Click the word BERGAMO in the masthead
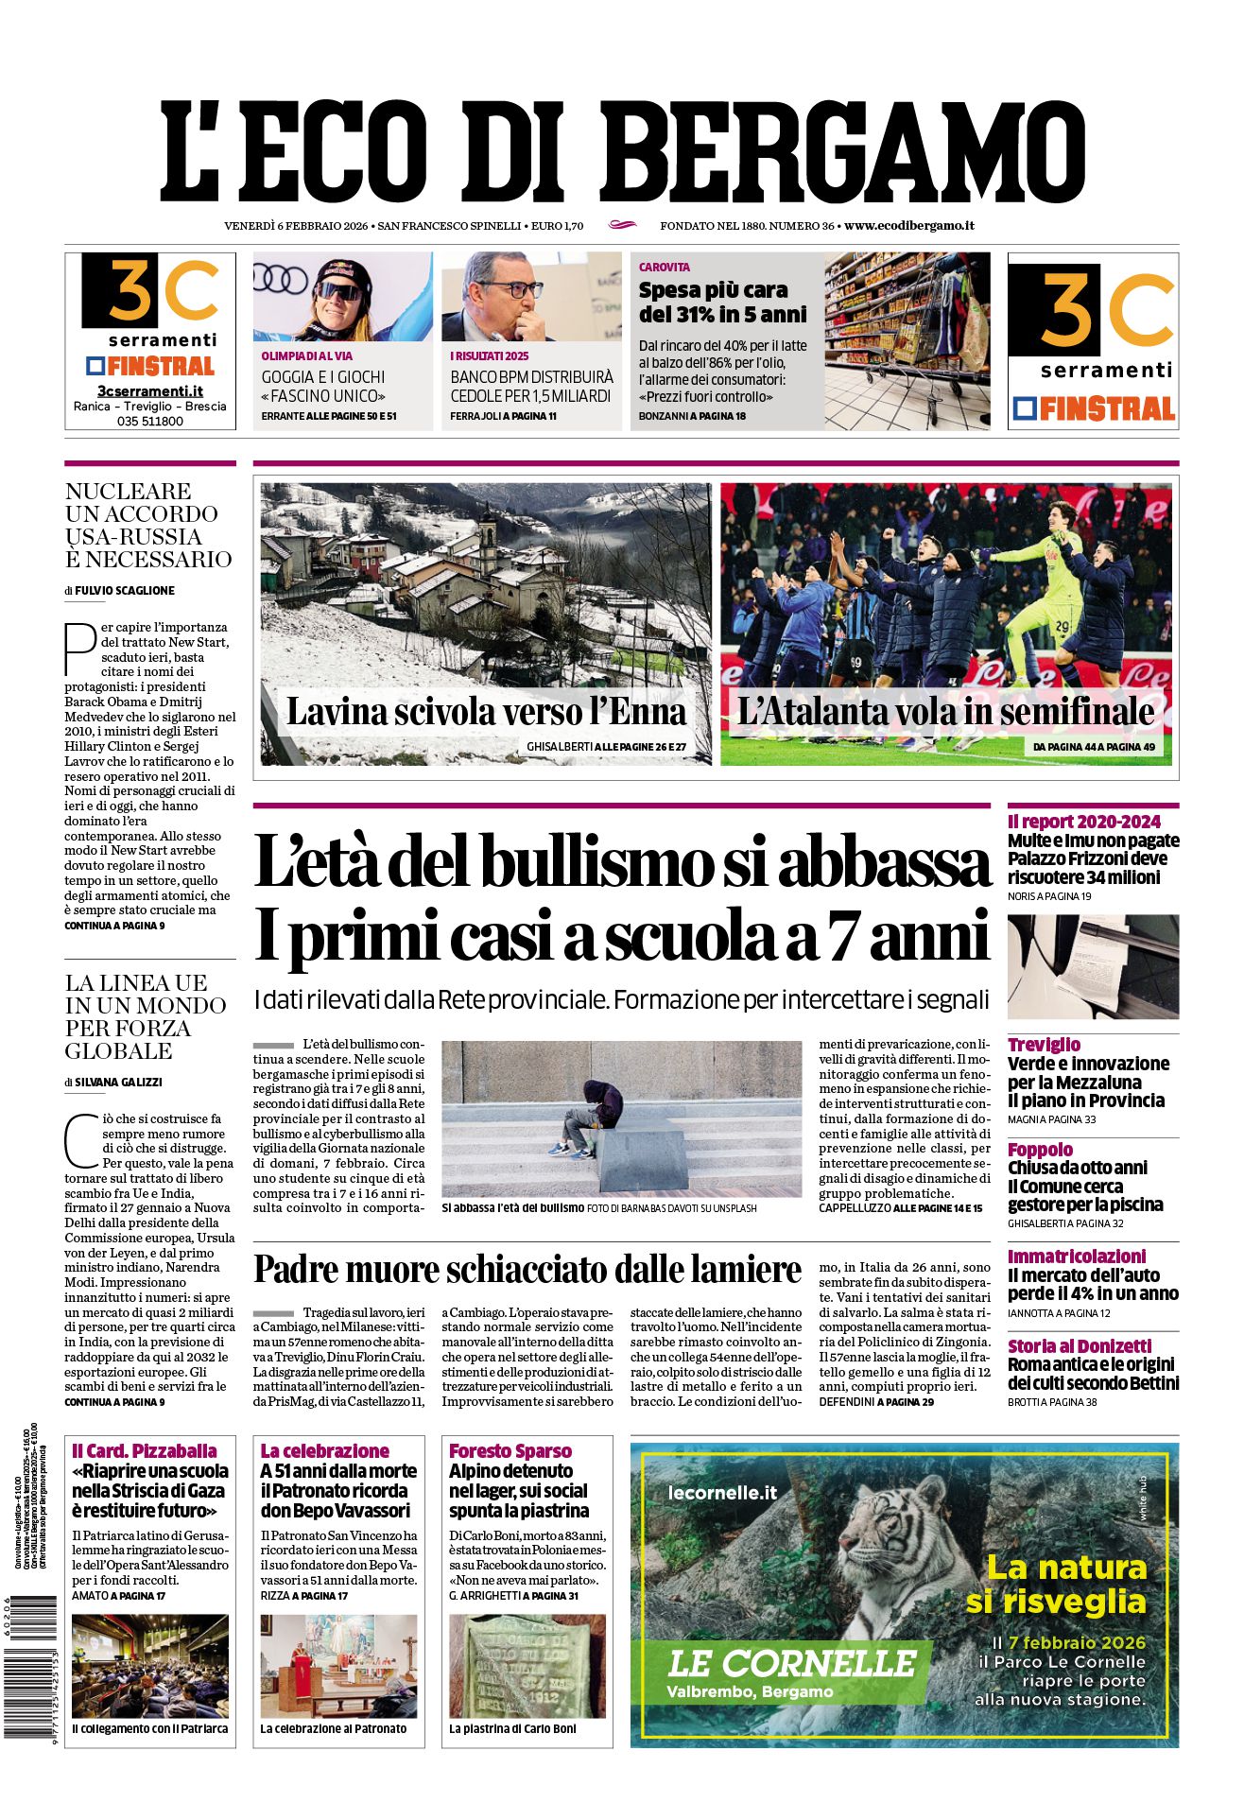pos(854,151)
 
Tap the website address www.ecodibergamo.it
pos(908,226)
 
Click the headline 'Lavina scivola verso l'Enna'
pos(486,711)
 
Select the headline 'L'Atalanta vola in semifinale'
pos(945,711)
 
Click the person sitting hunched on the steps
pos(593,1117)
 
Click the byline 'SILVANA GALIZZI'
pos(118,1082)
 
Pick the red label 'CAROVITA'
pos(665,268)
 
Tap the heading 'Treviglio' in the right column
pos(1044,1045)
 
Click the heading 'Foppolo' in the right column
pos(1040,1150)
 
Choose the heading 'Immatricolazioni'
pos(1076,1256)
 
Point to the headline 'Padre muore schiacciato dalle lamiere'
pos(527,1269)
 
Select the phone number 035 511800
pos(150,421)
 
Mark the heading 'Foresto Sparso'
pos(510,1450)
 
